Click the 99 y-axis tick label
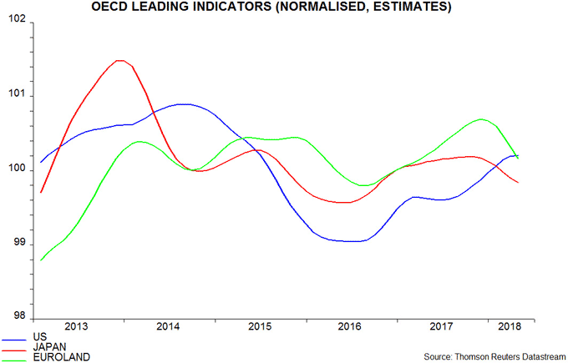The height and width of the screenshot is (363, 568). (19, 244)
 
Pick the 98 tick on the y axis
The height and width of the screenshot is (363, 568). (19, 318)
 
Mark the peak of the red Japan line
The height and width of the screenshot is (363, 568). (119, 60)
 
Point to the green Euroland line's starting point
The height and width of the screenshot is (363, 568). (41, 260)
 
